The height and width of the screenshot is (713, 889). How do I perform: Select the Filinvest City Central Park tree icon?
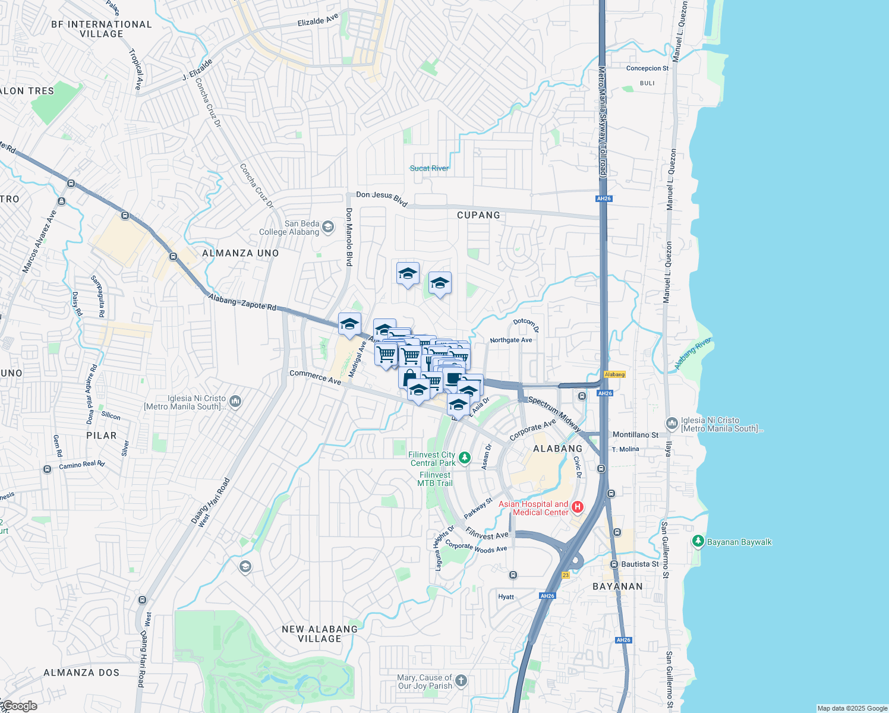465,458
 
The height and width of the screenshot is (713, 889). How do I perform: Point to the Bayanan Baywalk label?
739,542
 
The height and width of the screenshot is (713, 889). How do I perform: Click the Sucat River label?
429,168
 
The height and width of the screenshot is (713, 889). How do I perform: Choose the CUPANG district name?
478,215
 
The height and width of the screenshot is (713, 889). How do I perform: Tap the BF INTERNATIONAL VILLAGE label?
102,29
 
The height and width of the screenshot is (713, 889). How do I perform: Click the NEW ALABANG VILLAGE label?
320,634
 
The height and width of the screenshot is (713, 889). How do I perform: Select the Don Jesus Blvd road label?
382,198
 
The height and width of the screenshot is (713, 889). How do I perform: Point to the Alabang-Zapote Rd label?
242,303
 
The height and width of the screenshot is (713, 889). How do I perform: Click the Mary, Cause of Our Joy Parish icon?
461,681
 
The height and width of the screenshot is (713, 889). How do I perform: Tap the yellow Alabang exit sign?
614,374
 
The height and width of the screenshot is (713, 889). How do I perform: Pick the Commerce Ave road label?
316,377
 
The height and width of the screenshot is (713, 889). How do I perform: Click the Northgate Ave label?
511,340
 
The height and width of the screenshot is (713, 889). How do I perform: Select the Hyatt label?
506,597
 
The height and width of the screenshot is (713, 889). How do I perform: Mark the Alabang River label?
693,354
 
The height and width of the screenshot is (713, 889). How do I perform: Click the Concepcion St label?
647,68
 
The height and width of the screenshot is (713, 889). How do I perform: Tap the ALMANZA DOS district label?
81,673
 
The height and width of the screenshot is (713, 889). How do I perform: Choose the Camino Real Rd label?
81,465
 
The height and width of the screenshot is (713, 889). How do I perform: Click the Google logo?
20,706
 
